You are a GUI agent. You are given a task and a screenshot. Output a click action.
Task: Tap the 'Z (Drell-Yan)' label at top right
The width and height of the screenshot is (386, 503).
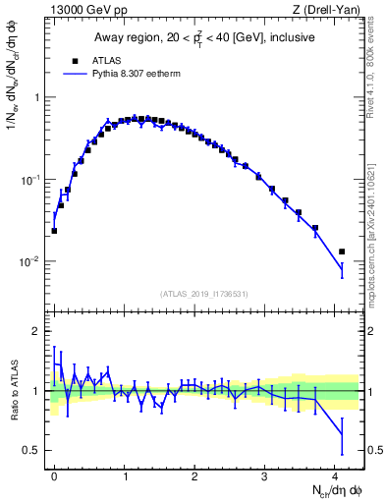coord(328,10)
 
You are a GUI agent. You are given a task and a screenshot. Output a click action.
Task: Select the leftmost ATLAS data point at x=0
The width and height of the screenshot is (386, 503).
coord(54,231)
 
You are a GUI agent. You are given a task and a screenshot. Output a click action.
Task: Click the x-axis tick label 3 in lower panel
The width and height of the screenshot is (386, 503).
coord(265,475)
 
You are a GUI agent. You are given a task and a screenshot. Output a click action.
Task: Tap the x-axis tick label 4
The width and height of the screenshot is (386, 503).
coord(335,475)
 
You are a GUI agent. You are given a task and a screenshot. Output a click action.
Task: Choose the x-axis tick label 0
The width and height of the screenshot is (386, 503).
coord(54,475)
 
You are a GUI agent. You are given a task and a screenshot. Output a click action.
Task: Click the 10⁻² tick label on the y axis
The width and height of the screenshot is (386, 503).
coord(31,262)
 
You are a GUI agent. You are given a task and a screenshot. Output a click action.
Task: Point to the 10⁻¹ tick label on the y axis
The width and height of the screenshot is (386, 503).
coord(31,180)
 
